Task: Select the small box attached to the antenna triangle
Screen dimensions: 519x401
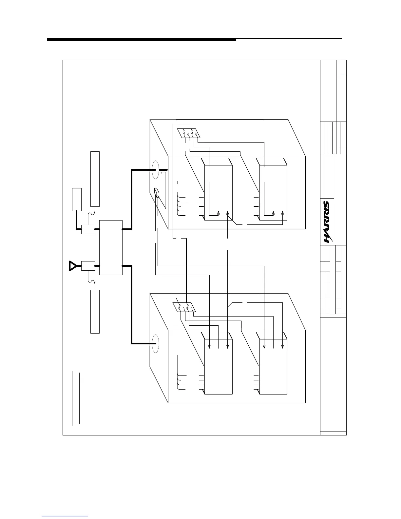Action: coord(88,266)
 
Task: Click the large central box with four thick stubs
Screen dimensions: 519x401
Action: coord(111,247)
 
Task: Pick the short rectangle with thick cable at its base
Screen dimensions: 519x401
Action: coord(77,200)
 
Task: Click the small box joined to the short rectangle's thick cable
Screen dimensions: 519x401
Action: coord(88,229)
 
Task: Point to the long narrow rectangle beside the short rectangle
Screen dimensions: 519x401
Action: coord(95,179)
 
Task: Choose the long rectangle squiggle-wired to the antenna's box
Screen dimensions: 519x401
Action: coord(95,311)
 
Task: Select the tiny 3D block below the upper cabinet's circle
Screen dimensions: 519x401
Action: coord(157,193)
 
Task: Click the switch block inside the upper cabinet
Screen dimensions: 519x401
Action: coord(189,133)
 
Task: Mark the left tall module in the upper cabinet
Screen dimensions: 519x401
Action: coord(218,193)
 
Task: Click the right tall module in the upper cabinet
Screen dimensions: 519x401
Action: coord(273,193)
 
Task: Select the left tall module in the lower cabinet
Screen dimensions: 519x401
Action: coord(218,367)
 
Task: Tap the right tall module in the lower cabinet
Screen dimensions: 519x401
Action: coord(273,367)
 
